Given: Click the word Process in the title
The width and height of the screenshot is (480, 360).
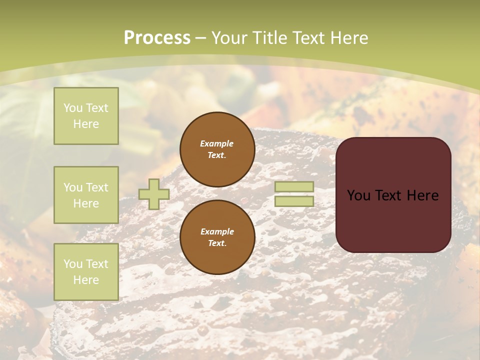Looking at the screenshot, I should [x=157, y=38].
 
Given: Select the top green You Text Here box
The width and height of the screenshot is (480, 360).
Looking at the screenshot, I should [x=86, y=116].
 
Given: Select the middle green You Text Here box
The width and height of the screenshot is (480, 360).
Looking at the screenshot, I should [x=86, y=195].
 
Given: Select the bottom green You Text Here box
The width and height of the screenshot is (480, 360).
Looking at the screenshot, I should [x=86, y=271].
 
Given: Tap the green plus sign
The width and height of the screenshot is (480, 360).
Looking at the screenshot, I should [x=153, y=194].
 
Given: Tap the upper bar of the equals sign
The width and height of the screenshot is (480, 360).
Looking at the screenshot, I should [x=294, y=187].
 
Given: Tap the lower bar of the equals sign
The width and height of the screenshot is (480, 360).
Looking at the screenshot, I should [x=294, y=201].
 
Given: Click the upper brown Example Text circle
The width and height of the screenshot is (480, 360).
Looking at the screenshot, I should [x=217, y=149].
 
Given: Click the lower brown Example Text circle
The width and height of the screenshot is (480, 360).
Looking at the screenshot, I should [x=217, y=237].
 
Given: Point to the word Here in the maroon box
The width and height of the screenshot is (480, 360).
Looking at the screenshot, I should [x=422, y=195].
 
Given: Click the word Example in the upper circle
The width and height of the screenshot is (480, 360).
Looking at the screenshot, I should [x=217, y=143].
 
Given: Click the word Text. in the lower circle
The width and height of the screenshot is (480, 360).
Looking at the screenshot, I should [x=217, y=243].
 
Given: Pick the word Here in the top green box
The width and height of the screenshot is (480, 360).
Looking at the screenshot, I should [x=86, y=124].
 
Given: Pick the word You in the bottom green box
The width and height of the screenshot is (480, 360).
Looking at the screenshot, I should [x=73, y=263].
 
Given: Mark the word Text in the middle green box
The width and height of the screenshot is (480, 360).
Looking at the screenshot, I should [x=96, y=187].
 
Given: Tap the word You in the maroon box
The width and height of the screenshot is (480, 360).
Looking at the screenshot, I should [x=358, y=195].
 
